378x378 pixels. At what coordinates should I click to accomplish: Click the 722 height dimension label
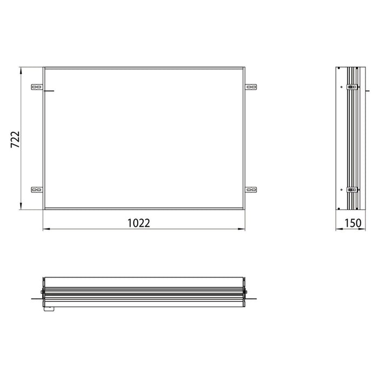(x=15, y=139)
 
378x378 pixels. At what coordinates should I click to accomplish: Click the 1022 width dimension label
(x=139, y=223)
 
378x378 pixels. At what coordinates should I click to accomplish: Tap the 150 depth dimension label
(x=353, y=223)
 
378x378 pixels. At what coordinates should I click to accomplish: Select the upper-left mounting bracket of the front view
(x=37, y=87)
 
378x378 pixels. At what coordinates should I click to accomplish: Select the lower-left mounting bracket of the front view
(x=37, y=190)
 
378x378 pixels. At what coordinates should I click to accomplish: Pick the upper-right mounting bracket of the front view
(x=251, y=87)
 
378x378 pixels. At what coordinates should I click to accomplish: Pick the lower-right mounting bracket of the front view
(x=251, y=190)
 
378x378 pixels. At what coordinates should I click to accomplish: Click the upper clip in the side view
(x=352, y=86)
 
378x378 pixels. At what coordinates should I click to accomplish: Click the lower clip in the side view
(x=352, y=190)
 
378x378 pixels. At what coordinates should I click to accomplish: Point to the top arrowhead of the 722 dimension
(x=21, y=71)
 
